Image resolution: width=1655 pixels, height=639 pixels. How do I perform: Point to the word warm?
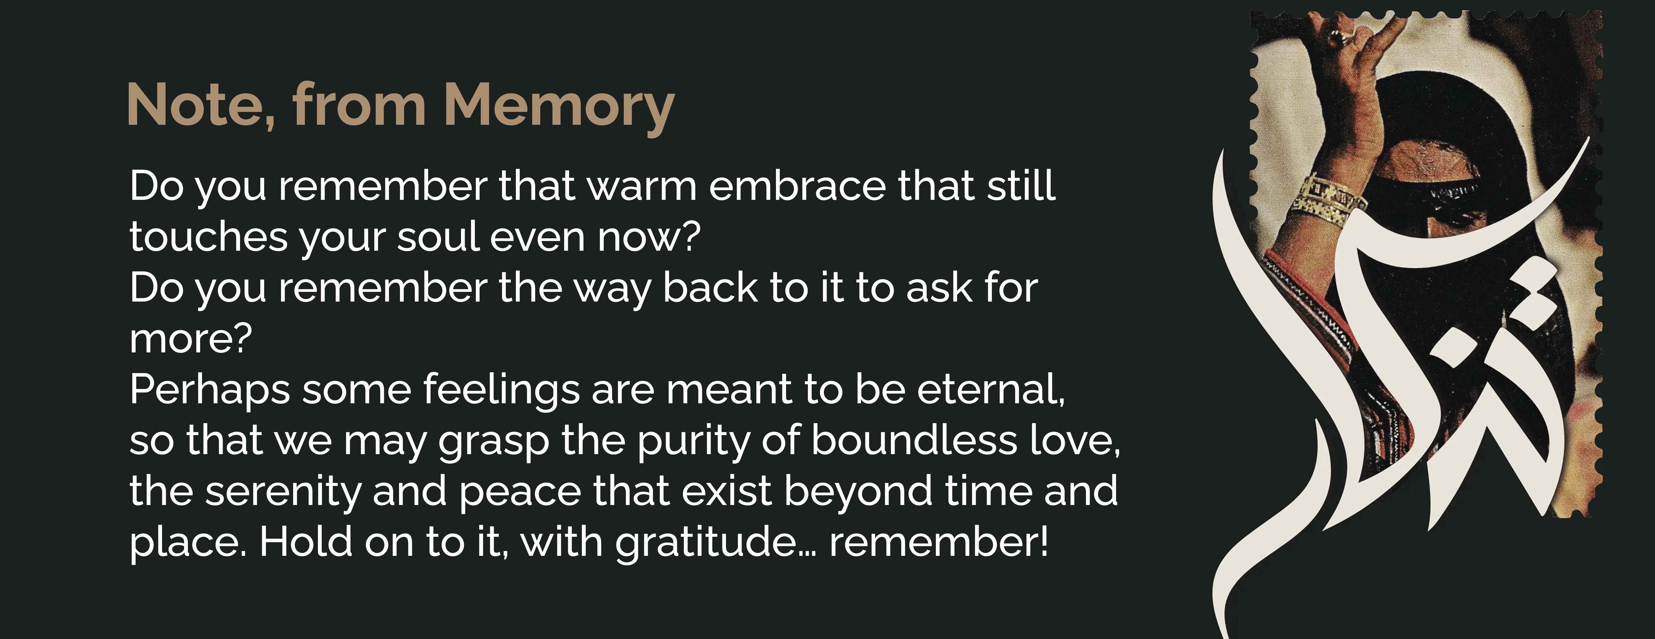coord(642,187)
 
